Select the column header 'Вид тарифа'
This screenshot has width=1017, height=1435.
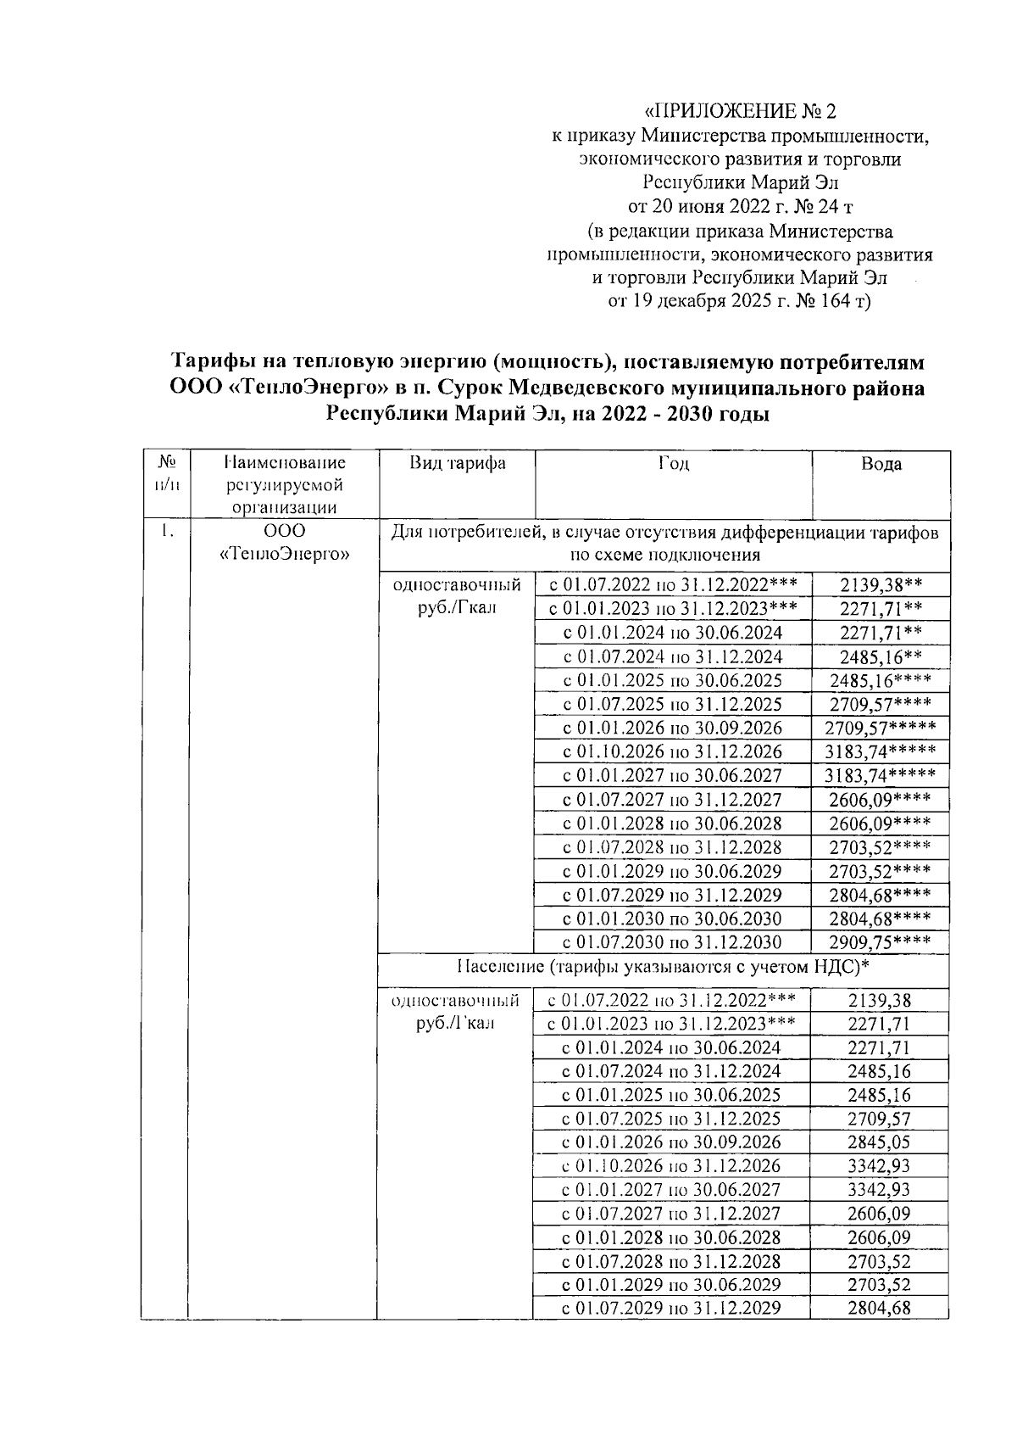coord(458,463)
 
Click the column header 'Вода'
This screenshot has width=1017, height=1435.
coord(881,464)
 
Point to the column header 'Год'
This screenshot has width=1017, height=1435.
coord(673,463)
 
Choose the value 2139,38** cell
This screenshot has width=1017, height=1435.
coord(881,585)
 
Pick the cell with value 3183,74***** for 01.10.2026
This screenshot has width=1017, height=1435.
coord(881,751)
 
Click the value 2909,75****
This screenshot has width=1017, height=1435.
coord(881,941)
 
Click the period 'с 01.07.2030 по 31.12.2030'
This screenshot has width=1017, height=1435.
coord(673,941)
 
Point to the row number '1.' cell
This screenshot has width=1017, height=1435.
coord(166,532)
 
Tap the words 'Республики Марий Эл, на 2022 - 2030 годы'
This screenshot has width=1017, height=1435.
coord(548,415)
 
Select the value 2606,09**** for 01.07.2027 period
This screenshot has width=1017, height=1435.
coord(881,799)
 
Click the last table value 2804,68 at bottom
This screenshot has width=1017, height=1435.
coord(879,1308)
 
